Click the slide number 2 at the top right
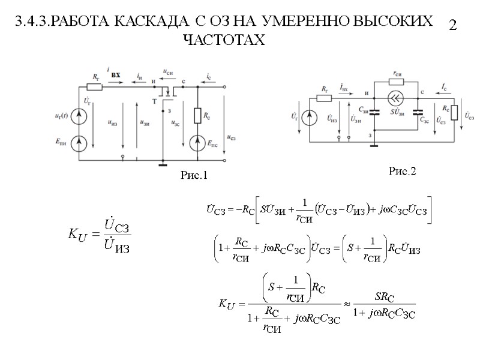click(x=453, y=25)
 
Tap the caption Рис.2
click(x=402, y=172)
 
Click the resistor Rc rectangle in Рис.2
click(x=454, y=112)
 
